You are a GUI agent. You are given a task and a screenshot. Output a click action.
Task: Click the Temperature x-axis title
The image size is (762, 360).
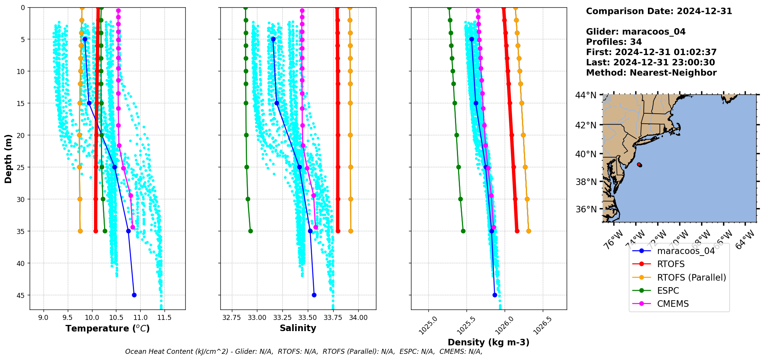tap(107, 328)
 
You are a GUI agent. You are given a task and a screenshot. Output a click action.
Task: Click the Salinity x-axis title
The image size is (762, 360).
tap(298, 328)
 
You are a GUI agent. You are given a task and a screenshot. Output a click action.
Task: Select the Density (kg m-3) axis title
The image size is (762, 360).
tap(488, 342)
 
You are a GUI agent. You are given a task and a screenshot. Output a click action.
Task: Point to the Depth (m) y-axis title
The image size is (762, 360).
tap(8, 158)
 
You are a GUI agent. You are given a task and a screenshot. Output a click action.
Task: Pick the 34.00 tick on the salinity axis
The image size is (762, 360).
tap(358, 318)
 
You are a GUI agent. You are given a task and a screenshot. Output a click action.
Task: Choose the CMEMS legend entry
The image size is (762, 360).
tap(673, 304)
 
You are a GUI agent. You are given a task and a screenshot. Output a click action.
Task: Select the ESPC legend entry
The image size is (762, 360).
tap(668, 291)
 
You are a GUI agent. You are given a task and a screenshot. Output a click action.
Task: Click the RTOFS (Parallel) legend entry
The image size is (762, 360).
tap(691, 278)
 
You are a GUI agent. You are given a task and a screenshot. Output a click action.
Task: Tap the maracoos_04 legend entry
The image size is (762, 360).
tap(686, 251)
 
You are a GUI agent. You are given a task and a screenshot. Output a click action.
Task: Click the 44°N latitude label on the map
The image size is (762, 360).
tap(586, 95)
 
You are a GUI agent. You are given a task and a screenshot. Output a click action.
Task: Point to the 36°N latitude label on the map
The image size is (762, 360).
tap(586, 209)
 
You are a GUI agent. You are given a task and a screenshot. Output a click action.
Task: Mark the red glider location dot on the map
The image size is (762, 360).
tap(639, 165)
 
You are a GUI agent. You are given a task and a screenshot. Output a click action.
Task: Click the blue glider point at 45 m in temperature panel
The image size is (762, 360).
tap(134, 295)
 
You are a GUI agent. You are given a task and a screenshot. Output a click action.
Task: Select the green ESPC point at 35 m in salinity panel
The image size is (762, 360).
tap(250, 231)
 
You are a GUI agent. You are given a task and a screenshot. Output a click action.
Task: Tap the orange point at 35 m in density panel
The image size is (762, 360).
tap(529, 231)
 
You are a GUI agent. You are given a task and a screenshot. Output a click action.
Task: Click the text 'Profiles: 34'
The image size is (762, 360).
tap(614, 42)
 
